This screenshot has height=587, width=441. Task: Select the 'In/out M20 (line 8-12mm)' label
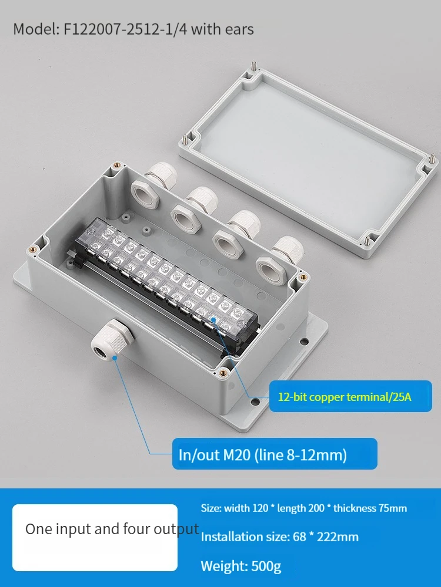(x=275, y=454)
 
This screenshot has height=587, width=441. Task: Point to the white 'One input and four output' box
(x=95, y=538)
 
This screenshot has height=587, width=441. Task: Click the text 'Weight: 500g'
(x=240, y=566)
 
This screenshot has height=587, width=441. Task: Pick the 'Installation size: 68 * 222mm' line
(x=279, y=537)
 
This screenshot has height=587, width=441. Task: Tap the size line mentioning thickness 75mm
(x=304, y=508)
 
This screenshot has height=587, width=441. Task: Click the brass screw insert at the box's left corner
(x=33, y=248)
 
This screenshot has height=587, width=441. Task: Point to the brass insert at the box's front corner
(x=223, y=372)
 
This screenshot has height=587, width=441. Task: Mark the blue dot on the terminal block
(x=213, y=320)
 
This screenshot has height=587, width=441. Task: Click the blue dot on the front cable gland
(x=115, y=357)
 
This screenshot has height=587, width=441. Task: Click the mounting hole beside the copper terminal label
(x=255, y=402)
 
